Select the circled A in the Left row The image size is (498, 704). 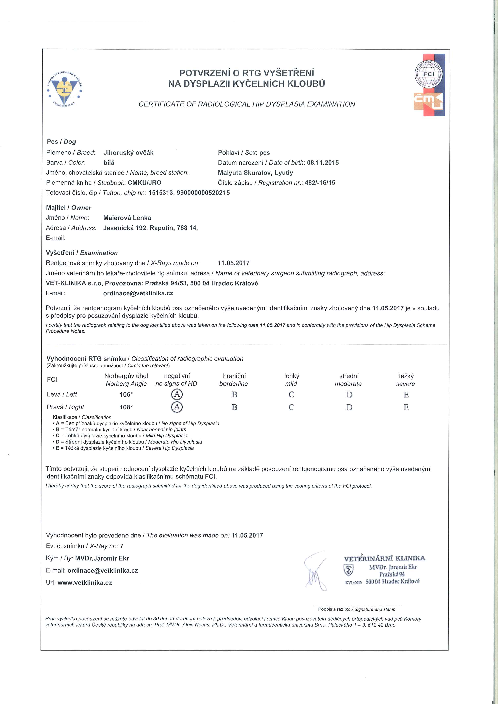click(x=177, y=394)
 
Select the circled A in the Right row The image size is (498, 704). click(x=177, y=407)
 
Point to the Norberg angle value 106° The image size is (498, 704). click(x=126, y=395)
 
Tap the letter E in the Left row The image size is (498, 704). click(x=406, y=395)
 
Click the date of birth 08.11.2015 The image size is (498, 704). click(x=323, y=163)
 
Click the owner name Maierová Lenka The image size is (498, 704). click(x=127, y=218)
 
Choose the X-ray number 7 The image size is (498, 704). click(x=122, y=546)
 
